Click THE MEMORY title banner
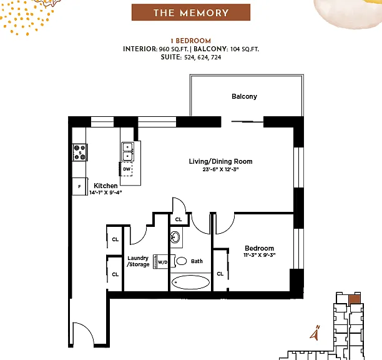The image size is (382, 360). pyautogui.click(x=191, y=12)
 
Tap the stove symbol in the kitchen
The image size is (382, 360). pyautogui.click(x=80, y=152)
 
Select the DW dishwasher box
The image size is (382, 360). pyautogui.click(x=127, y=169)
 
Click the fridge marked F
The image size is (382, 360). pyautogui.click(x=80, y=187)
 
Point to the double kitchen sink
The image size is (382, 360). pyautogui.click(x=128, y=151)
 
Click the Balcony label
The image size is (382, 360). pyautogui.click(x=244, y=96)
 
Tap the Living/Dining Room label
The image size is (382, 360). pyautogui.click(x=220, y=161)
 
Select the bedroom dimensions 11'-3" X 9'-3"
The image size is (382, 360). pyautogui.click(x=260, y=255)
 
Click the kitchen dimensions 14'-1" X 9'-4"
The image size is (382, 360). pyautogui.click(x=105, y=192)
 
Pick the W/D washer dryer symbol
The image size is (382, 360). pyautogui.click(x=161, y=262)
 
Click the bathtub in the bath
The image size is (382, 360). pyautogui.click(x=190, y=282)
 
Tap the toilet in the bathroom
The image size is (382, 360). pyautogui.click(x=180, y=261)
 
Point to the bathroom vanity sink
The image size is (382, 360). pyautogui.click(x=175, y=237)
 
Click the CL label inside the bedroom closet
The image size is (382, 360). pyautogui.click(x=220, y=274)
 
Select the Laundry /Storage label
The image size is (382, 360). pyautogui.click(x=138, y=261)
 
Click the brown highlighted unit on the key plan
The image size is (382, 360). pyautogui.click(x=355, y=300)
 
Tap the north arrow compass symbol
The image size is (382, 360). pyautogui.click(x=315, y=333)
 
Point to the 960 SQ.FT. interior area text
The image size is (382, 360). pyautogui.click(x=174, y=49)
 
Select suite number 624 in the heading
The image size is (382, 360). pyautogui.click(x=203, y=57)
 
